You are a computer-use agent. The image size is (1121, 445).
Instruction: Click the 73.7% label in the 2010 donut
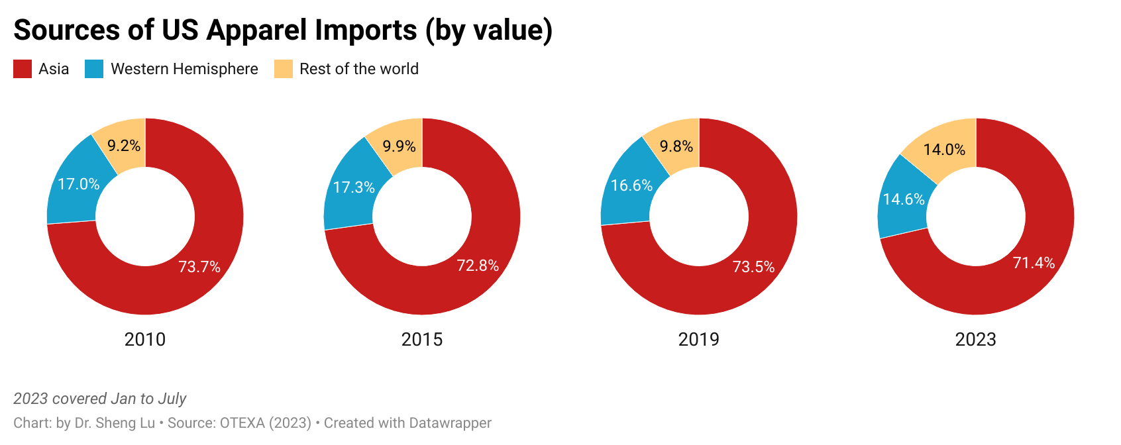click(x=199, y=267)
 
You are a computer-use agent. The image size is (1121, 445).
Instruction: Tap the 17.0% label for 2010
click(x=79, y=184)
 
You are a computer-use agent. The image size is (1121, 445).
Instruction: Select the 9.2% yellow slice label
click(x=124, y=146)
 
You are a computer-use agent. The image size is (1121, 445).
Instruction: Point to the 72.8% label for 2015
click(x=478, y=266)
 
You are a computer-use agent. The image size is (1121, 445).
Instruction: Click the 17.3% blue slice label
click(x=354, y=187)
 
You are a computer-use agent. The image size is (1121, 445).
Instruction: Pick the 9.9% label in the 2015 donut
click(x=400, y=146)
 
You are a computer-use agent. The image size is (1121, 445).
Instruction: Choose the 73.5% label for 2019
click(x=753, y=267)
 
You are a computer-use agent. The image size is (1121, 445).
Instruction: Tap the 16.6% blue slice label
click(x=631, y=185)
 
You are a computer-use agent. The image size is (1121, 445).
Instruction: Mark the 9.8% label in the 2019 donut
click(x=676, y=146)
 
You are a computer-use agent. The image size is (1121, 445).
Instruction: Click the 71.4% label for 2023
click(x=1034, y=263)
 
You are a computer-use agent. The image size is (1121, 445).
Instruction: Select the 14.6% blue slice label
click(x=904, y=199)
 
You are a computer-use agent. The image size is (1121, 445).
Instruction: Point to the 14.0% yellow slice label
click(x=944, y=150)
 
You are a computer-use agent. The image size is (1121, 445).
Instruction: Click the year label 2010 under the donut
click(x=145, y=340)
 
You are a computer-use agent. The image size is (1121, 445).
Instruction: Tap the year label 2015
click(x=422, y=340)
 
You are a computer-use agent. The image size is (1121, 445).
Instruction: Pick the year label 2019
click(x=699, y=340)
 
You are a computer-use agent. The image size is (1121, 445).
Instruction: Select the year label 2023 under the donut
click(x=976, y=340)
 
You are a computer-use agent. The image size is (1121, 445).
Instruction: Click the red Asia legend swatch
click(x=23, y=69)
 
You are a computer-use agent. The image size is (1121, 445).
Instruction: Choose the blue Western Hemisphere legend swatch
click(x=94, y=69)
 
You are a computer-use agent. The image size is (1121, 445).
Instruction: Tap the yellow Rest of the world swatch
click(x=284, y=69)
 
